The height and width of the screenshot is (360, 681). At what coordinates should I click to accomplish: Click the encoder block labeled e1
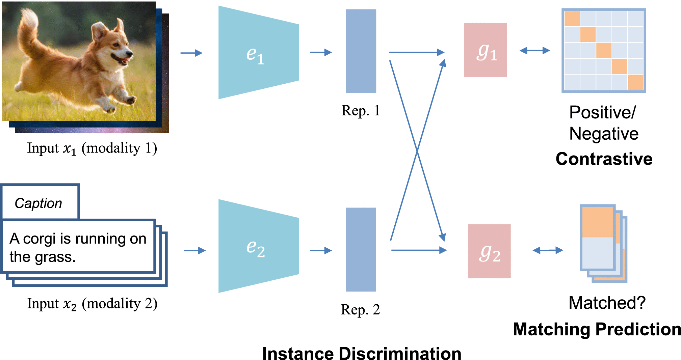click(x=258, y=53)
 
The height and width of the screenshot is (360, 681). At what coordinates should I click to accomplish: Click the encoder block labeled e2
click(x=258, y=246)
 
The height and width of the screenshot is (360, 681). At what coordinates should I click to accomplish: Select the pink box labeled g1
click(x=485, y=50)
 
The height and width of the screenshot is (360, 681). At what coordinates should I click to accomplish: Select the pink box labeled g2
click(x=489, y=251)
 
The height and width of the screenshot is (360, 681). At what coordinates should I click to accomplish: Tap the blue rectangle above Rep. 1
click(x=361, y=51)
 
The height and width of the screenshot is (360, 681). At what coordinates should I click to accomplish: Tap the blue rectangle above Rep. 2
click(x=361, y=249)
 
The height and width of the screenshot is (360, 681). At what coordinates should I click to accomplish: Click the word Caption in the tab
click(x=38, y=203)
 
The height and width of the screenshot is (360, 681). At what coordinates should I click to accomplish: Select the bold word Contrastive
click(x=604, y=159)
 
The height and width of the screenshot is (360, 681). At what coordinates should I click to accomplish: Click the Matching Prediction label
click(x=597, y=329)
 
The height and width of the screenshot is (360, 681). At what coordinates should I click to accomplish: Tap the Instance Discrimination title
click(x=362, y=354)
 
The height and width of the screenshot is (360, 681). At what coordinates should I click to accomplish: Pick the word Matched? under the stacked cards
click(x=607, y=303)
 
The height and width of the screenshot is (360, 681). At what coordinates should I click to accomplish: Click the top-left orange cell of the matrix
click(x=572, y=19)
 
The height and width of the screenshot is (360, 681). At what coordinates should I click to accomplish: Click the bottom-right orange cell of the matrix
click(x=635, y=82)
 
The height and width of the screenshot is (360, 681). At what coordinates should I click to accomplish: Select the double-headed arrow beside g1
click(x=534, y=51)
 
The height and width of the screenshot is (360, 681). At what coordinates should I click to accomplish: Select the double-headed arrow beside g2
click(x=548, y=250)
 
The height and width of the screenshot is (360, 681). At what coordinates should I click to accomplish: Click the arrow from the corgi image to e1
click(x=191, y=53)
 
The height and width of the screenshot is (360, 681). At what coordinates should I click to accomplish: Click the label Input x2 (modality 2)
click(x=92, y=304)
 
